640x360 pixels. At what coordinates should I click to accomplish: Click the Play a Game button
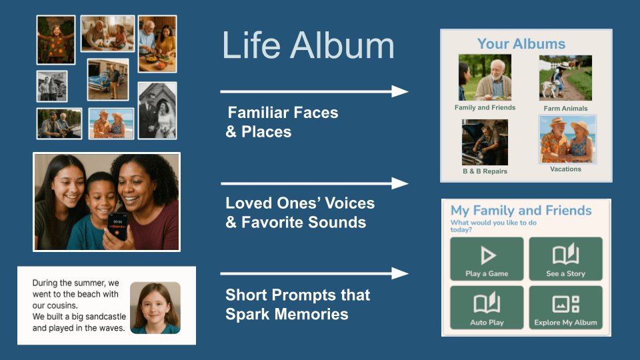coord(487,259)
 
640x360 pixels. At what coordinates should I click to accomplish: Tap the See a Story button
coord(566,259)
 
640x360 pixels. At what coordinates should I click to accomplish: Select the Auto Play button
coord(487,307)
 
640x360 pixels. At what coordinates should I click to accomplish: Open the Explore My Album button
coord(566,307)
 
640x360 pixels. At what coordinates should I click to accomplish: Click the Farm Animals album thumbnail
coord(565,78)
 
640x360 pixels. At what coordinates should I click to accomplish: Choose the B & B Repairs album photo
coord(485,142)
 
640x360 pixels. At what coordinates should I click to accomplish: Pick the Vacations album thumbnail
coord(567,139)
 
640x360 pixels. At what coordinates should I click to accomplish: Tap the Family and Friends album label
coord(485,108)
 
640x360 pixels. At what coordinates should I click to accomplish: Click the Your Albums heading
coord(521,44)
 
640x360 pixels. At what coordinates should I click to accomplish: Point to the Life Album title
coord(308,45)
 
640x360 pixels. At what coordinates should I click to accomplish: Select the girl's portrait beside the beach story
coord(155,308)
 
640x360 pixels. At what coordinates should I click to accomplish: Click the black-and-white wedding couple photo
coord(157,111)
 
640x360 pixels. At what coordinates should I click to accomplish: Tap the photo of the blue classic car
coord(108,79)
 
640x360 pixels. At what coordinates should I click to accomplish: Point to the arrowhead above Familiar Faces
coord(399,91)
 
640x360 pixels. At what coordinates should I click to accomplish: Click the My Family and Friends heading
coord(521,211)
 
